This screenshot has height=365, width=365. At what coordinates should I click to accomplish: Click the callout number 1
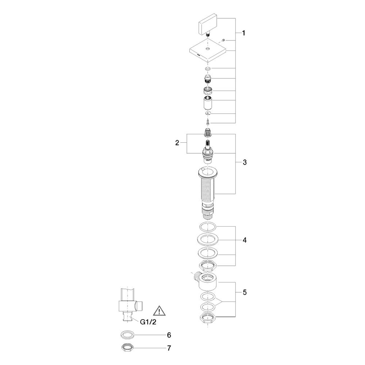[243, 33]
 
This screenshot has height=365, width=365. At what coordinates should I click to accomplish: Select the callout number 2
[177, 143]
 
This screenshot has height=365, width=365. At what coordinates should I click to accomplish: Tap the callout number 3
[245, 162]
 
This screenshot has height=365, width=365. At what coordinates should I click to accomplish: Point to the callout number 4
[245, 240]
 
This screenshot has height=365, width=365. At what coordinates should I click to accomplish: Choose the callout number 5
[245, 292]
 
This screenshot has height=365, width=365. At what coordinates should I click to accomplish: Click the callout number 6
[169, 335]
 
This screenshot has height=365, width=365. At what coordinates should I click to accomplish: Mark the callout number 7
[169, 348]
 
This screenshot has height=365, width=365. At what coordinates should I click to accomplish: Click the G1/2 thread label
[148, 322]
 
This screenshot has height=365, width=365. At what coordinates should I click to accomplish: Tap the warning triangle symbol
[159, 311]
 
